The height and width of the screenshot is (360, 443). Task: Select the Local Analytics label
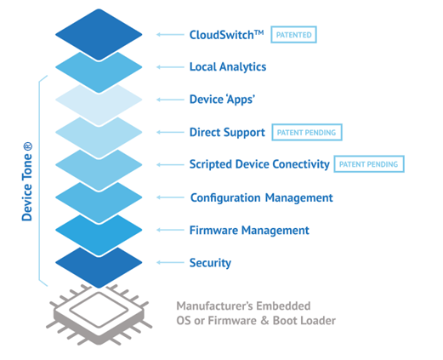[x=227, y=66]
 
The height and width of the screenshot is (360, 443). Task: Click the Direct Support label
[x=226, y=132]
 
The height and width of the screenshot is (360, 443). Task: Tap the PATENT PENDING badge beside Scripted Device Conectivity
[x=368, y=164]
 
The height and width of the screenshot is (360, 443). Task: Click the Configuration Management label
[x=261, y=197]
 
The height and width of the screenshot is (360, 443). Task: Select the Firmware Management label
[x=249, y=230]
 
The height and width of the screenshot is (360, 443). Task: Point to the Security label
[x=210, y=263]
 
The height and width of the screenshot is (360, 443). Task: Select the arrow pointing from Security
[x=167, y=263]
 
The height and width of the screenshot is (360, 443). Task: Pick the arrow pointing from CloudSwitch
[x=167, y=35]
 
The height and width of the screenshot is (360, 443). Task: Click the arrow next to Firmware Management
[x=167, y=230]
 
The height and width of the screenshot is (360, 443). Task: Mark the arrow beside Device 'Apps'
[x=167, y=100]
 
